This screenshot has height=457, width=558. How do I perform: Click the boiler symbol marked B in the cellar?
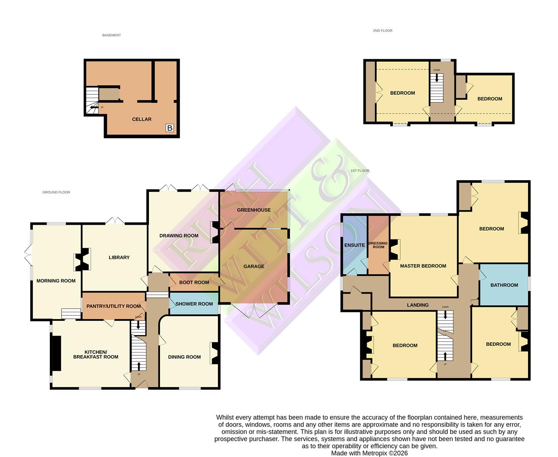pos(170,128)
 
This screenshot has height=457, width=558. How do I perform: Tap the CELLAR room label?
pos(142,119)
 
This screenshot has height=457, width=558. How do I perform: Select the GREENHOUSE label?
pos(254,210)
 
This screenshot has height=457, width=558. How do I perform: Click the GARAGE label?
pos(254,267)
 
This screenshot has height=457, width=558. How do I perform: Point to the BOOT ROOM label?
pos(194,283)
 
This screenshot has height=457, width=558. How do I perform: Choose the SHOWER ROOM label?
pos(194,304)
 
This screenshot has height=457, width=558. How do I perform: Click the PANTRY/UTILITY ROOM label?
pos(114,306)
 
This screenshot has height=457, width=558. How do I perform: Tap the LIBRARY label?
pos(119,258)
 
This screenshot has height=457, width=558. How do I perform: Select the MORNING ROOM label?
pos(56,281)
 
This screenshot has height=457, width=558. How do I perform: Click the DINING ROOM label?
pos(184,357)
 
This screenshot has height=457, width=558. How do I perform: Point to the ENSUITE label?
pos(355,245)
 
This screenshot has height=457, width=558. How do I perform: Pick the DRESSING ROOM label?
pos(378,245)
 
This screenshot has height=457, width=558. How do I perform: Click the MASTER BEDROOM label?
pos(423,266)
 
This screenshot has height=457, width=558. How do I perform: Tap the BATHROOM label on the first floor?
pos(504,285)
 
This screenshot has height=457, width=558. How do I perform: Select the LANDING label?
pos(418,305)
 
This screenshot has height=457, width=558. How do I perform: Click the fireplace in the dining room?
pos(214,353)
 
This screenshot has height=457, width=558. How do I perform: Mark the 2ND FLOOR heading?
pos(382,31)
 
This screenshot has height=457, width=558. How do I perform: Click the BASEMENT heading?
pos(112,36)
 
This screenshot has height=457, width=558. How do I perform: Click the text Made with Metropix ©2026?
pos(369,453)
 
